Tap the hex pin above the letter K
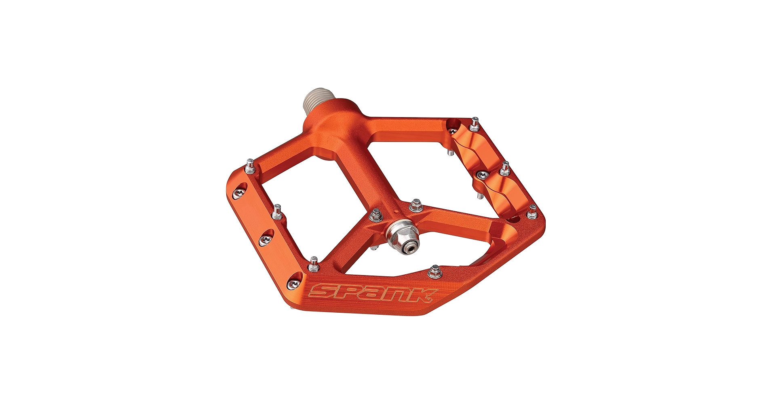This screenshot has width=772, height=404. point(435,271)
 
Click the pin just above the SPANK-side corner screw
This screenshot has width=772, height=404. point(313,264)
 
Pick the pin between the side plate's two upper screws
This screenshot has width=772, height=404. point(277,212)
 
